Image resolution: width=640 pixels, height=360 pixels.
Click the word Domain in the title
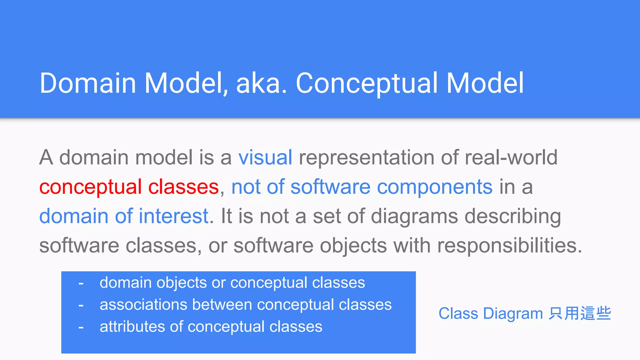point(88,83)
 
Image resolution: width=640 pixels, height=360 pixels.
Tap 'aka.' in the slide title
point(261,83)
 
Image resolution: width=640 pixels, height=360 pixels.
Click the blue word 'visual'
point(265,157)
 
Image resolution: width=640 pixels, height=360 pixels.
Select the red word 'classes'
point(183,187)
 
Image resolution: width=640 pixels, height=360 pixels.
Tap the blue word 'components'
point(435,187)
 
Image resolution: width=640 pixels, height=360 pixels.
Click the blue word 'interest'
point(173,216)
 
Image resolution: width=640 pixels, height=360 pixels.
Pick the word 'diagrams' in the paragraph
point(414,216)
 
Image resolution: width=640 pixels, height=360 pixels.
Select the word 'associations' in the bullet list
point(143,305)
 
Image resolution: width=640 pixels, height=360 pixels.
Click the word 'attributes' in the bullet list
point(132,327)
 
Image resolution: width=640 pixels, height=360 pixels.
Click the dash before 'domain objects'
point(81,283)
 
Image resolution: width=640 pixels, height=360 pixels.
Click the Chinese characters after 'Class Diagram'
point(580,313)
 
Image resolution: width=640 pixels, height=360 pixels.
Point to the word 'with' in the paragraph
point(412,245)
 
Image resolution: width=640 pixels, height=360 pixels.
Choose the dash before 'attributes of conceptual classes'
point(81,327)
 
